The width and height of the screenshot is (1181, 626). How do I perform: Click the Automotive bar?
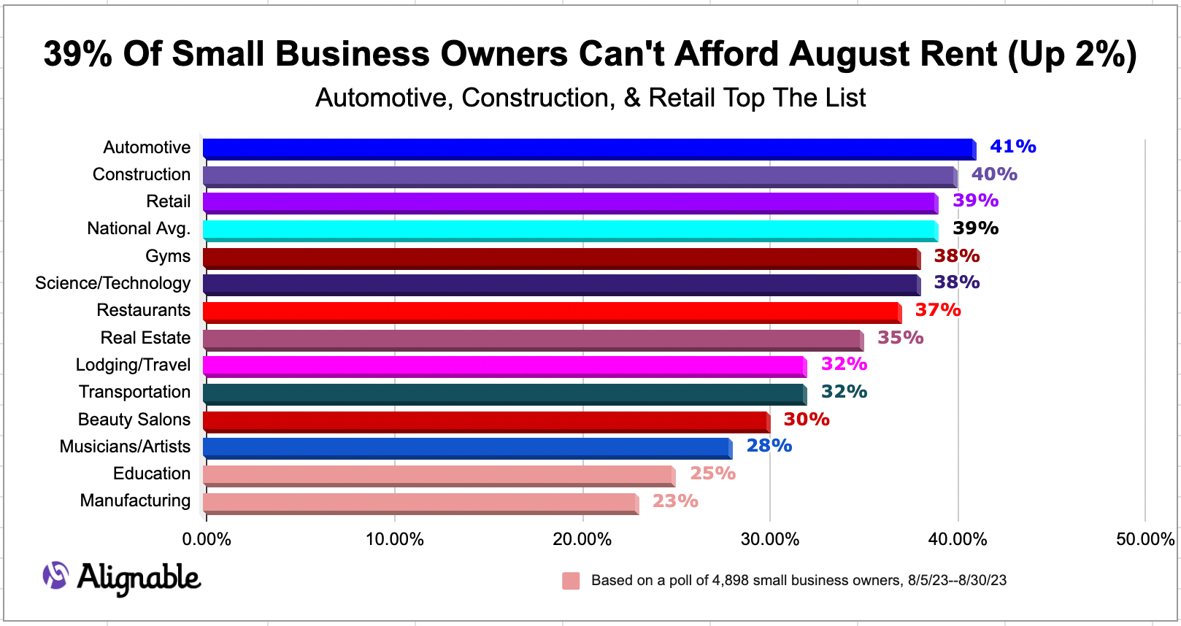(x=588, y=149)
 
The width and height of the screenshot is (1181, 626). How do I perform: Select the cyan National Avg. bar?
(x=569, y=231)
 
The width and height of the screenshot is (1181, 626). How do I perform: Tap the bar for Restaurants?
(x=551, y=312)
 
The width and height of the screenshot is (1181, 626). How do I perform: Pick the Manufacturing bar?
(x=420, y=503)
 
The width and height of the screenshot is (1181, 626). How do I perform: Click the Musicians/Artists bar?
(x=467, y=448)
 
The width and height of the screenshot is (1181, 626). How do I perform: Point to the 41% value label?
(x=1012, y=147)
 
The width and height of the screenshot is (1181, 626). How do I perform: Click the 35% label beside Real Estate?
(x=900, y=338)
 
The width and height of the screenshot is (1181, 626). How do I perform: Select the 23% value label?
(x=675, y=501)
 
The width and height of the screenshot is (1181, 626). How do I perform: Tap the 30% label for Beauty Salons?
(x=807, y=420)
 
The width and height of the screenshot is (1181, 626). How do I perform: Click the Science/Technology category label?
(x=113, y=283)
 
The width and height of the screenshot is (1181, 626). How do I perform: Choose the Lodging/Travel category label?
(x=133, y=365)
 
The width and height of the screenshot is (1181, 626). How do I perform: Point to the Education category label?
(x=152, y=474)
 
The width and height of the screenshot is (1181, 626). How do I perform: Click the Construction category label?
(x=142, y=174)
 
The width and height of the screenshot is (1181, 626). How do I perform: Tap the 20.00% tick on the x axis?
(x=582, y=539)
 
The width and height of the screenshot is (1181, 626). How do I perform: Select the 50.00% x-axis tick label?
(x=1145, y=539)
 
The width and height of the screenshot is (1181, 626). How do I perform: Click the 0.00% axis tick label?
(x=207, y=539)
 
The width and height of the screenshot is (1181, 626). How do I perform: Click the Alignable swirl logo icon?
(x=55, y=576)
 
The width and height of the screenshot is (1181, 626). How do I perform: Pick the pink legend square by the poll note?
(x=571, y=581)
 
